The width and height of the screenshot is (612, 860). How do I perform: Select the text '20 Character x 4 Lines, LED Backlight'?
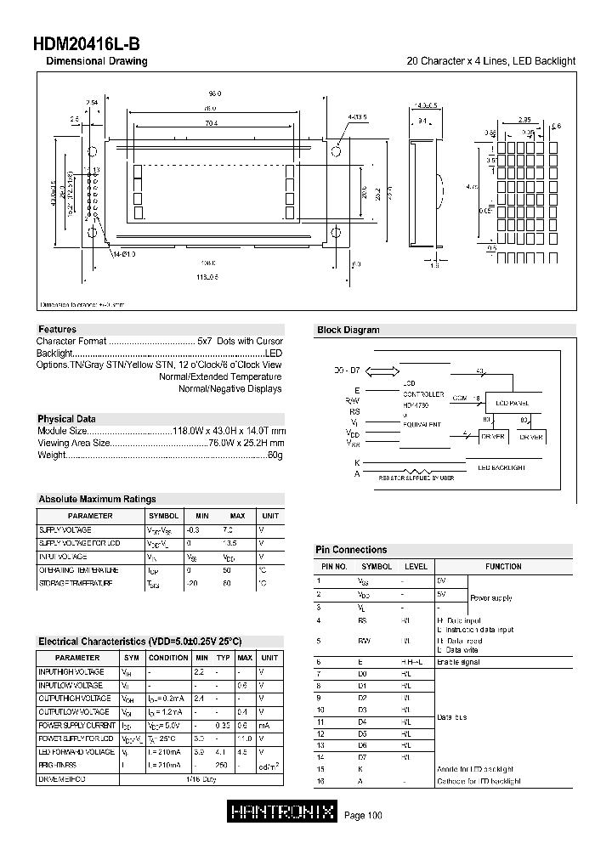point(491,61)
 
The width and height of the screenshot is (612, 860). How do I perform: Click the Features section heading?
point(57,329)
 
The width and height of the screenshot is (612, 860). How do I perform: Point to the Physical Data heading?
point(66,419)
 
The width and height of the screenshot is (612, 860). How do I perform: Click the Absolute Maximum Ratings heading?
point(97,500)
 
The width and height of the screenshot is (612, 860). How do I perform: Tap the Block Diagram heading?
point(348,330)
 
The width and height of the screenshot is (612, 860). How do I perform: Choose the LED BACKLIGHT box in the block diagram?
point(501,467)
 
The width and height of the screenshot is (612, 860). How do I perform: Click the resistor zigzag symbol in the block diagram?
point(416,470)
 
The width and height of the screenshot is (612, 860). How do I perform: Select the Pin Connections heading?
point(351,550)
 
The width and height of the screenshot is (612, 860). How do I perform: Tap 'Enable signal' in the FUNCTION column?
point(458,661)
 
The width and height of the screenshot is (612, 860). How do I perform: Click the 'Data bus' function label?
point(451,717)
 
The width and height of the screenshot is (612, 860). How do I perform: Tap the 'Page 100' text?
point(363,816)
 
